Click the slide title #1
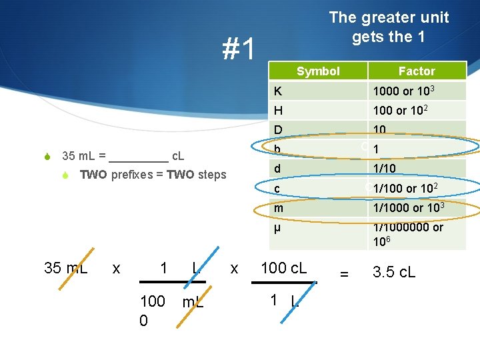tap(239, 49)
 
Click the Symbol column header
tap(318, 71)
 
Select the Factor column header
tap(416, 71)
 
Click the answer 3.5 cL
tap(394, 272)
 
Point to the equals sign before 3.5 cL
tap(344, 273)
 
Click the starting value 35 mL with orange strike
tap(65, 268)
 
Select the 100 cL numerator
tap(283, 268)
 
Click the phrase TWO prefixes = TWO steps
tap(153, 175)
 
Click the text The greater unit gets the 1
tap(389, 27)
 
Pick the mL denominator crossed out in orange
tap(193, 302)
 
